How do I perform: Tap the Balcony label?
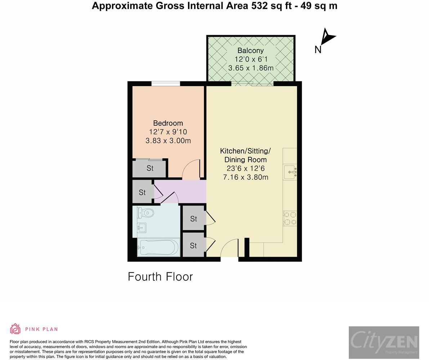click(251, 50)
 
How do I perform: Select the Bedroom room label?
click(168, 123)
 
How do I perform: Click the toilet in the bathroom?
click(145, 213)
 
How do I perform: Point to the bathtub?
click(158, 247)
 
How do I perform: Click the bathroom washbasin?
click(142, 228)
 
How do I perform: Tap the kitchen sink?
click(290, 172)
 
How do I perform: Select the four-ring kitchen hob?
click(290, 218)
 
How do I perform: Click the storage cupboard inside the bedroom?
click(149, 168)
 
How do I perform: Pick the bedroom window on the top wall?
click(166, 84)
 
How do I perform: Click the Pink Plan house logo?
click(15, 329)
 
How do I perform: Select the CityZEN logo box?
click(384, 342)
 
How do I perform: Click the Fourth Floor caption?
click(160, 276)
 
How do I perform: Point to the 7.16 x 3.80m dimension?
click(246, 177)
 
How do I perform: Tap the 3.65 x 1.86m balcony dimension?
click(251, 68)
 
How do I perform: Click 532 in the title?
click(259, 6)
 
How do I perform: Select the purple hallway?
click(180, 192)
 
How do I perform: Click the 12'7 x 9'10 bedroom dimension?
click(168, 132)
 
